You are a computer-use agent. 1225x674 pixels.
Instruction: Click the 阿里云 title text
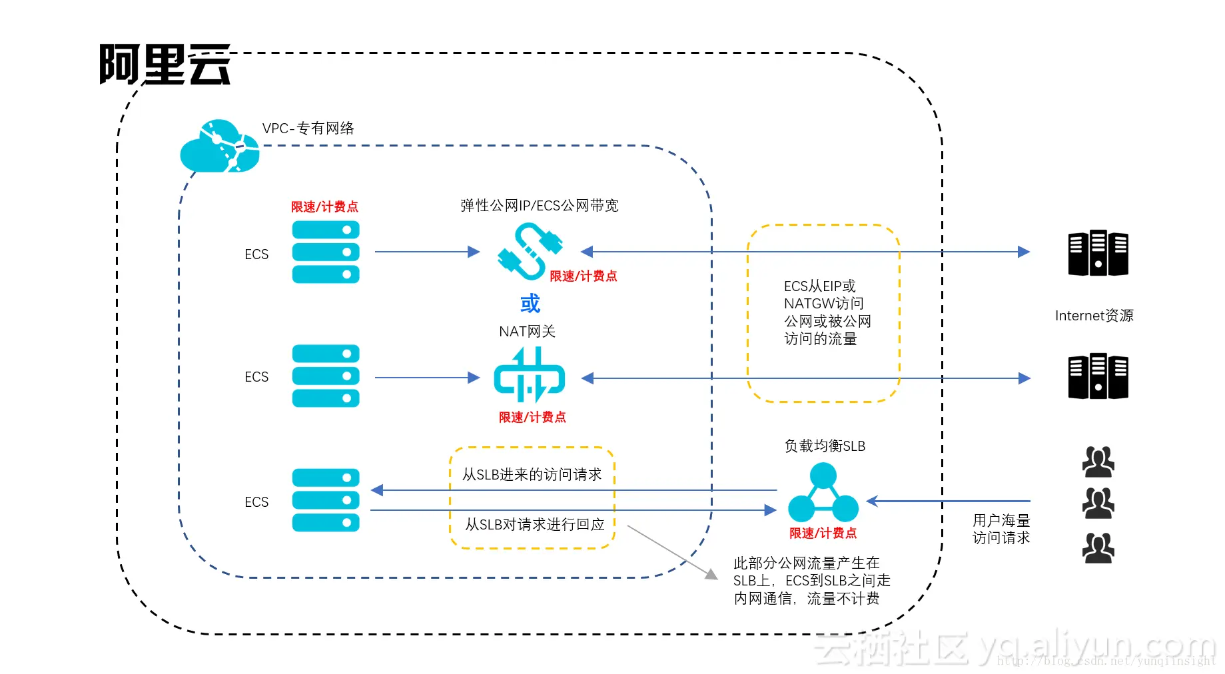click(x=165, y=65)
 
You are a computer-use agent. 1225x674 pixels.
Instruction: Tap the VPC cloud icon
click(x=219, y=147)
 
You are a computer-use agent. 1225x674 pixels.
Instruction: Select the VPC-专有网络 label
click(x=308, y=128)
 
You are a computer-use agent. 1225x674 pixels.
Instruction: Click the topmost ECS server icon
click(x=325, y=252)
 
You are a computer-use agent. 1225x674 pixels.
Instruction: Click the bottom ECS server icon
click(x=325, y=500)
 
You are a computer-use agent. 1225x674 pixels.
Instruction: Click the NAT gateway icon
click(x=529, y=376)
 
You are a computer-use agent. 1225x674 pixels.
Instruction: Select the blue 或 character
click(x=530, y=304)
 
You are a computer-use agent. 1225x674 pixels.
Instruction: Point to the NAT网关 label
click(x=527, y=331)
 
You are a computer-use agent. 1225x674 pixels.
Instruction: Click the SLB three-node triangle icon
click(x=823, y=494)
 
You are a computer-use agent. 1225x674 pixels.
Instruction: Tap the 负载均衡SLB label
click(x=825, y=446)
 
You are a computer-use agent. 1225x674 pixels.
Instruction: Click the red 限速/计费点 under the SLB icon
click(x=823, y=533)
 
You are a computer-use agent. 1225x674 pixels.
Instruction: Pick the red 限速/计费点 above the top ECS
click(x=324, y=206)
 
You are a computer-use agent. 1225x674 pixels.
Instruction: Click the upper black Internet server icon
click(x=1098, y=253)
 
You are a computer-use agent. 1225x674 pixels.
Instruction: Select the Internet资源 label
click(x=1094, y=315)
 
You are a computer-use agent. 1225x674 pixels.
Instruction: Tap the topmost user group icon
click(x=1098, y=462)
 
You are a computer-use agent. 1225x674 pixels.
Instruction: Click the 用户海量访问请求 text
click(x=1001, y=529)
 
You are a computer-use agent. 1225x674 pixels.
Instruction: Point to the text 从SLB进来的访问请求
click(x=532, y=474)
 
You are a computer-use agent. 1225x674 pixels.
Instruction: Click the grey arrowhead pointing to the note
click(x=712, y=574)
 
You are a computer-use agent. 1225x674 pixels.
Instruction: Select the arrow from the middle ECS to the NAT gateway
click(x=426, y=378)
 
